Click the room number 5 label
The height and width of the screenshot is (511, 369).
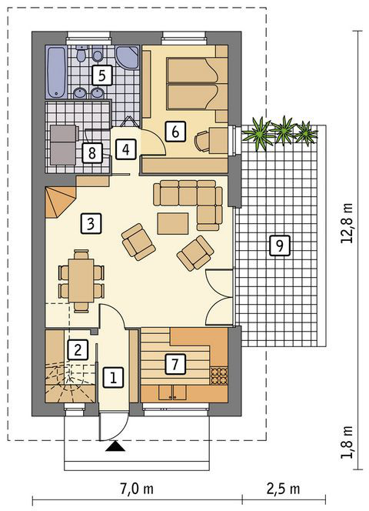[102, 75]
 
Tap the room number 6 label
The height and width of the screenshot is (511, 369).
[175, 132]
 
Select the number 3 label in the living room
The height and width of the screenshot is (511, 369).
[91, 223]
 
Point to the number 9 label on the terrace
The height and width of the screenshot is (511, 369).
[279, 245]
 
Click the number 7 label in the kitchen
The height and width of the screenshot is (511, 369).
[175, 364]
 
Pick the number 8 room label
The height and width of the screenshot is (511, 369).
[91, 152]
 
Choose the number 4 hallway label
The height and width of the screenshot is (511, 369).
[126, 149]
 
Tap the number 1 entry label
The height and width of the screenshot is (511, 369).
[113, 377]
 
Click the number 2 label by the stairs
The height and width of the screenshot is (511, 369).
[78, 349]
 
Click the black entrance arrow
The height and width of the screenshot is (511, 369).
[115, 446]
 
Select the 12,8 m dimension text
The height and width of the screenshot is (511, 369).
[347, 223]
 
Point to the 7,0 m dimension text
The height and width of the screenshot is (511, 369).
[137, 489]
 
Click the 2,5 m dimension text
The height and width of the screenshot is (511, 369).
[284, 489]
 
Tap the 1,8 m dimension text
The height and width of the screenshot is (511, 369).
[347, 442]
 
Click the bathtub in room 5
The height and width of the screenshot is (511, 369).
[57, 72]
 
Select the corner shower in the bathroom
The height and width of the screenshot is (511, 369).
[128, 58]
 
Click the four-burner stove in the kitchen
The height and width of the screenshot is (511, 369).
[218, 376]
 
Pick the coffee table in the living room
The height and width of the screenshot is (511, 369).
[173, 223]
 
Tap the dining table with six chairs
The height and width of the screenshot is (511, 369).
[81, 281]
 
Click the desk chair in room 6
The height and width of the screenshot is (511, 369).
[202, 141]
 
